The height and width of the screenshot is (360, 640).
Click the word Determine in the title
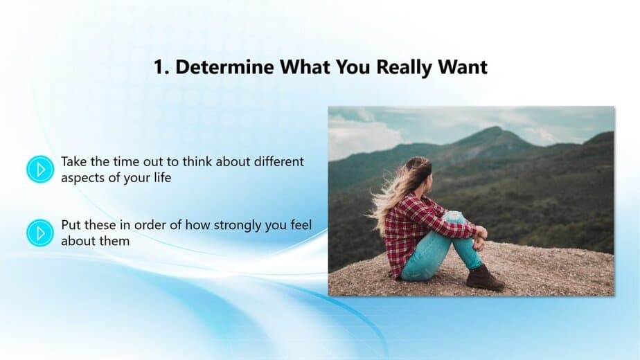224,67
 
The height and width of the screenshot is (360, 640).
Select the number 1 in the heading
161,67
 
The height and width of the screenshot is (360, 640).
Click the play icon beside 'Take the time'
40,169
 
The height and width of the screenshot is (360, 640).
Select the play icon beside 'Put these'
40,233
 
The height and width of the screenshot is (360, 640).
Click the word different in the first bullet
278,161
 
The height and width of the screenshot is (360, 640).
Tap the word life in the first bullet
163,177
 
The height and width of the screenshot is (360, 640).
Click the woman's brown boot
485,278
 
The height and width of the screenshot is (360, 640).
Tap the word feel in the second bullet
301,225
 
